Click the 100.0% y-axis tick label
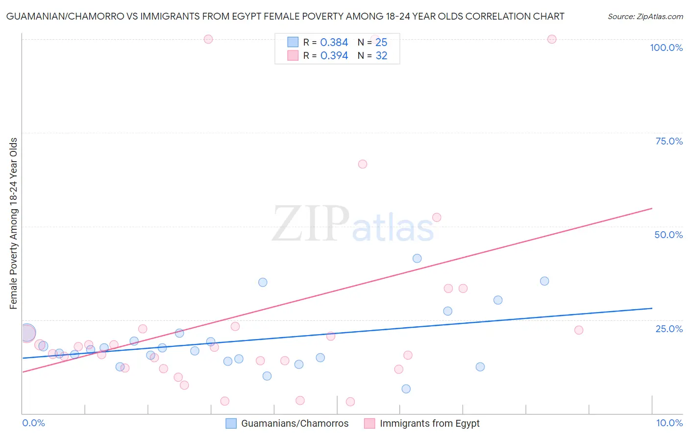click(x=666, y=48)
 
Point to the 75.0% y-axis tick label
click(x=669, y=141)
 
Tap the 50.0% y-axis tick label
click(x=668, y=235)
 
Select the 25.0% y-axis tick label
click(x=669, y=329)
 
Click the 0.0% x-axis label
click(x=33, y=423)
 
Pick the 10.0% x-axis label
click(x=669, y=423)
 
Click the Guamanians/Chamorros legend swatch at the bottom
click(x=231, y=423)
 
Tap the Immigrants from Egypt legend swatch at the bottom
click(x=369, y=423)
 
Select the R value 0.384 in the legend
click(x=334, y=43)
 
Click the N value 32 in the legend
click(x=381, y=56)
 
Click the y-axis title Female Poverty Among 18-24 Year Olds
click(x=14, y=223)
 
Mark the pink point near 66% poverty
click(x=363, y=164)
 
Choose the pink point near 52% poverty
click(x=437, y=218)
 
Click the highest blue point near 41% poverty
click(x=417, y=258)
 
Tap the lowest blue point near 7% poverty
click(x=406, y=389)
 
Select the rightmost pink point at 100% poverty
click(x=552, y=39)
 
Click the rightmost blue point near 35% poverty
click(x=544, y=281)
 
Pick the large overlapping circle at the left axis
click(x=27, y=333)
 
